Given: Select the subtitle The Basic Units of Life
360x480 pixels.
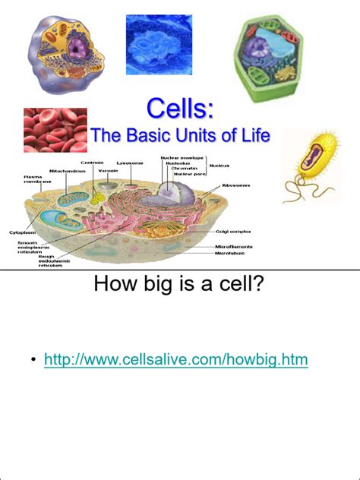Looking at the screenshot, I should click(180, 136).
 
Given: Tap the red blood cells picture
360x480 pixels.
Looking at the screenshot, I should click(54, 129).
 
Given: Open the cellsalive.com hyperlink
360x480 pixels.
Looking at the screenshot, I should click(176, 358).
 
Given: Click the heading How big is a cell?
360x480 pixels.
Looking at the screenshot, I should click(179, 286).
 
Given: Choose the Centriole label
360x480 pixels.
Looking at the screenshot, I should click(91, 161).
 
